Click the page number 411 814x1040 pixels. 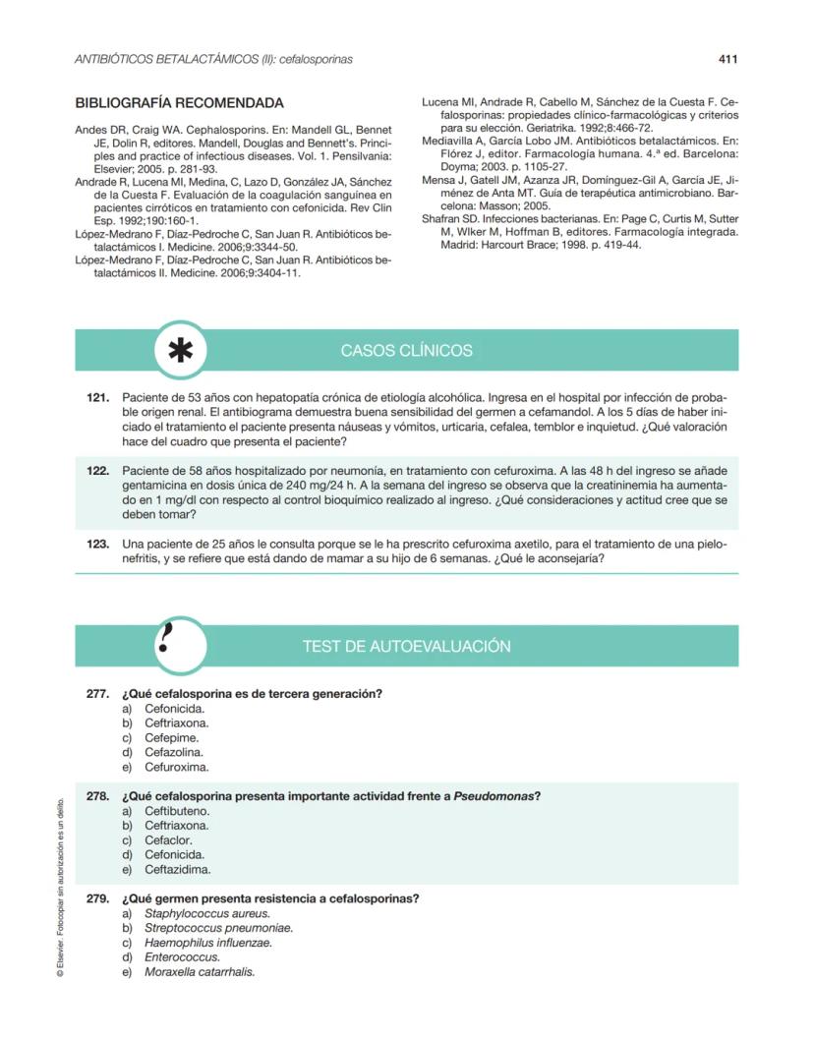727,59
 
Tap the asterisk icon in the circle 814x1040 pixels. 180,351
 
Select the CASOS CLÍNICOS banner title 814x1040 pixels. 406,351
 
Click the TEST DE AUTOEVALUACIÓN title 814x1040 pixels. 406,647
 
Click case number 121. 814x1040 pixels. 97,398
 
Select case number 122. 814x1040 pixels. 97,472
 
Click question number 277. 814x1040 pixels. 97,694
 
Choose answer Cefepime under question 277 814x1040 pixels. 172,737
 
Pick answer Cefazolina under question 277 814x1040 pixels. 174,752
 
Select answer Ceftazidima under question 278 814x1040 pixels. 177,870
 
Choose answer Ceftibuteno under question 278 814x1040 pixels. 177,811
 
